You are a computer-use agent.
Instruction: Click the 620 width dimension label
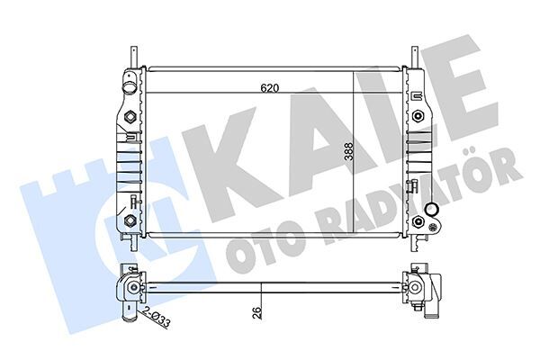tap(269, 88)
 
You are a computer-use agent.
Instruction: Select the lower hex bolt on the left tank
tap(130, 220)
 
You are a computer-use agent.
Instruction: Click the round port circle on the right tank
tap(433, 211)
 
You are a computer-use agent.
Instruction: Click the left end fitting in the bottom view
tap(131, 288)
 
